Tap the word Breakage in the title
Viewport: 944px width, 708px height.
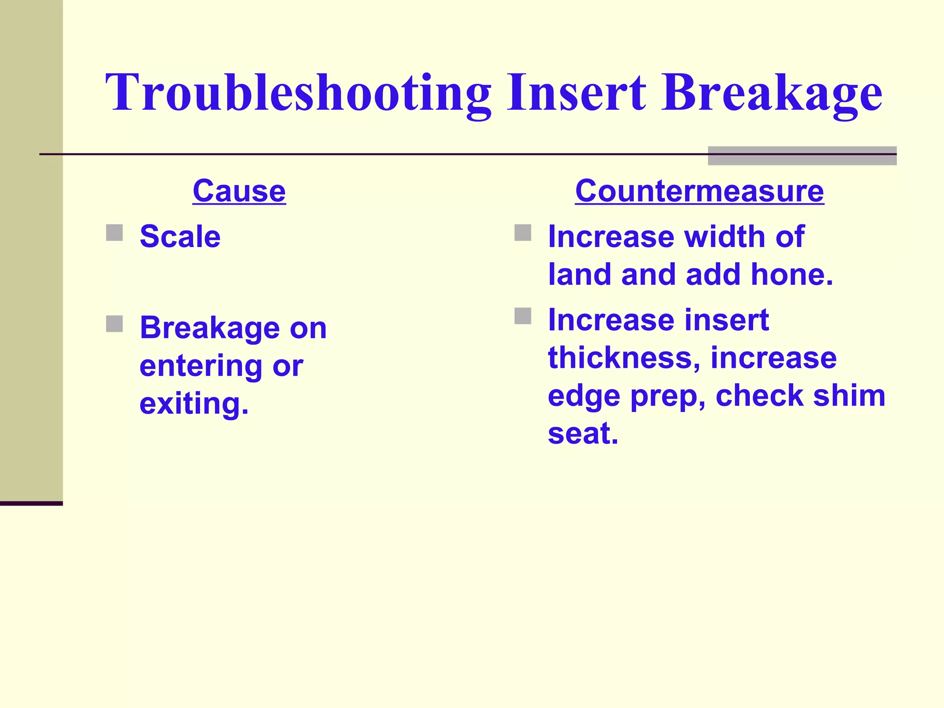pyautogui.click(x=771, y=94)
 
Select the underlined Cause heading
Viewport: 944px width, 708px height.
pyautogui.click(x=239, y=191)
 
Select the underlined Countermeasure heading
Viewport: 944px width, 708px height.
pyautogui.click(x=699, y=191)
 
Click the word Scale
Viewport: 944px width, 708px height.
pyautogui.click(x=180, y=237)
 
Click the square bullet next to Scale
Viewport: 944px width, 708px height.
pyautogui.click(x=114, y=233)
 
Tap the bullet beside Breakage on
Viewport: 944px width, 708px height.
pyautogui.click(x=114, y=324)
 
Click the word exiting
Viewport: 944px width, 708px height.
pyautogui.click(x=194, y=404)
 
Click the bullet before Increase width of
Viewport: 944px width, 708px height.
pyautogui.click(x=523, y=233)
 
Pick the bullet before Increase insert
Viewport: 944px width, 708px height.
pyautogui.click(x=523, y=316)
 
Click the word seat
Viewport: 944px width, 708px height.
pyautogui.click(x=583, y=434)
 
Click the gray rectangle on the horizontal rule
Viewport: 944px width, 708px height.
pyautogui.click(x=802, y=156)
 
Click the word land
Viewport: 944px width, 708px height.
pyautogui.click(x=580, y=275)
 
